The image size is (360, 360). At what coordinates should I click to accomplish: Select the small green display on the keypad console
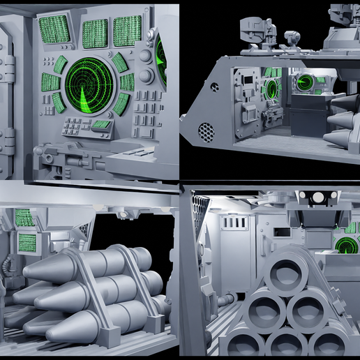[102, 124]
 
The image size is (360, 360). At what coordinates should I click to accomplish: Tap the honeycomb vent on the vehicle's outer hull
[205, 130]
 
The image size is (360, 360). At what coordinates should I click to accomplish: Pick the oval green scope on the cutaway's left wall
[271, 89]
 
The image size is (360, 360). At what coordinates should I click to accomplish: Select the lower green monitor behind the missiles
[27, 243]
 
